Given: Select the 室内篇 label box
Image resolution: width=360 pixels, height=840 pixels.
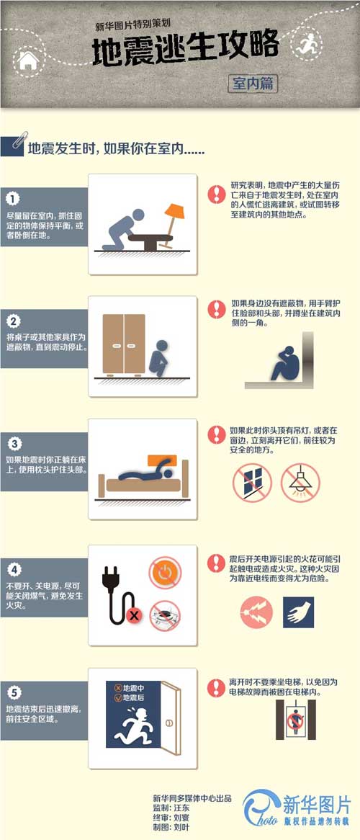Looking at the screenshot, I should tap(252, 83).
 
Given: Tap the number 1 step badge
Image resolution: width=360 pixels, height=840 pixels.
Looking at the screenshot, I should tap(12, 198).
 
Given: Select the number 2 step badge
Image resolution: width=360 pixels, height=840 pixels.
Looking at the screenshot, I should tap(12, 321).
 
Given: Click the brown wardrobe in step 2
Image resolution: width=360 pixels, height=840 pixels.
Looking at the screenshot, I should tap(124, 345).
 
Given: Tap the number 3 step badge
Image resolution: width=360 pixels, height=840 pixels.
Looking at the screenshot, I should tap(12, 443).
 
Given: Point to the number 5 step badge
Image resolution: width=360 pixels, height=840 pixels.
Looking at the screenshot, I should tap(12, 693).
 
